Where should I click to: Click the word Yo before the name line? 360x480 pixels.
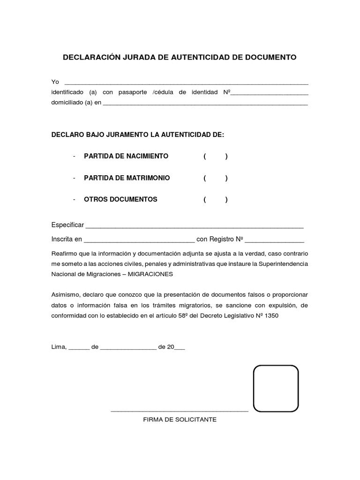click(55, 82)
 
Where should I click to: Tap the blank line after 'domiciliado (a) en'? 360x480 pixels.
click(205, 104)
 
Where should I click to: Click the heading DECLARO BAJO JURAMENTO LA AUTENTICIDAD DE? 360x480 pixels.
click(138, 135)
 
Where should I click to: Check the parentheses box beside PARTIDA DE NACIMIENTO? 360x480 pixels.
click(216, 156)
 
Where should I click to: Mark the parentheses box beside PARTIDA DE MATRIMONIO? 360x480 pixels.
click(216, 178)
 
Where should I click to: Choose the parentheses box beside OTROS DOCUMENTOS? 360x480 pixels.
click(216, 199)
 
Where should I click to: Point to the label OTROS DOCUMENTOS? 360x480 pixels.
click(120, 199)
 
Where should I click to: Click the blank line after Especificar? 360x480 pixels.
click(194, 226)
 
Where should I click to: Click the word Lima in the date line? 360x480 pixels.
click(59, 347)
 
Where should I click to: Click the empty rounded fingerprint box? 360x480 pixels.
click(276, 388)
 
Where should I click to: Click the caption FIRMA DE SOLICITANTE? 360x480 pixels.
click(180, 420)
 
